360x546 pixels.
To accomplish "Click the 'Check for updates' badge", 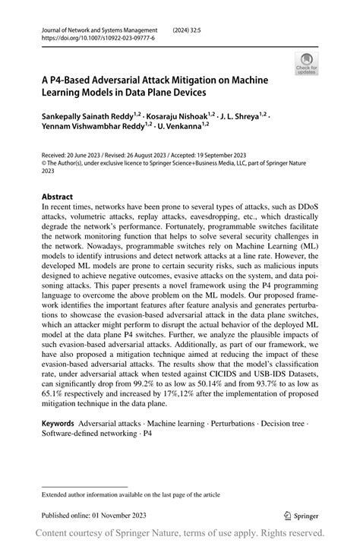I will click(x=308, y=64).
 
